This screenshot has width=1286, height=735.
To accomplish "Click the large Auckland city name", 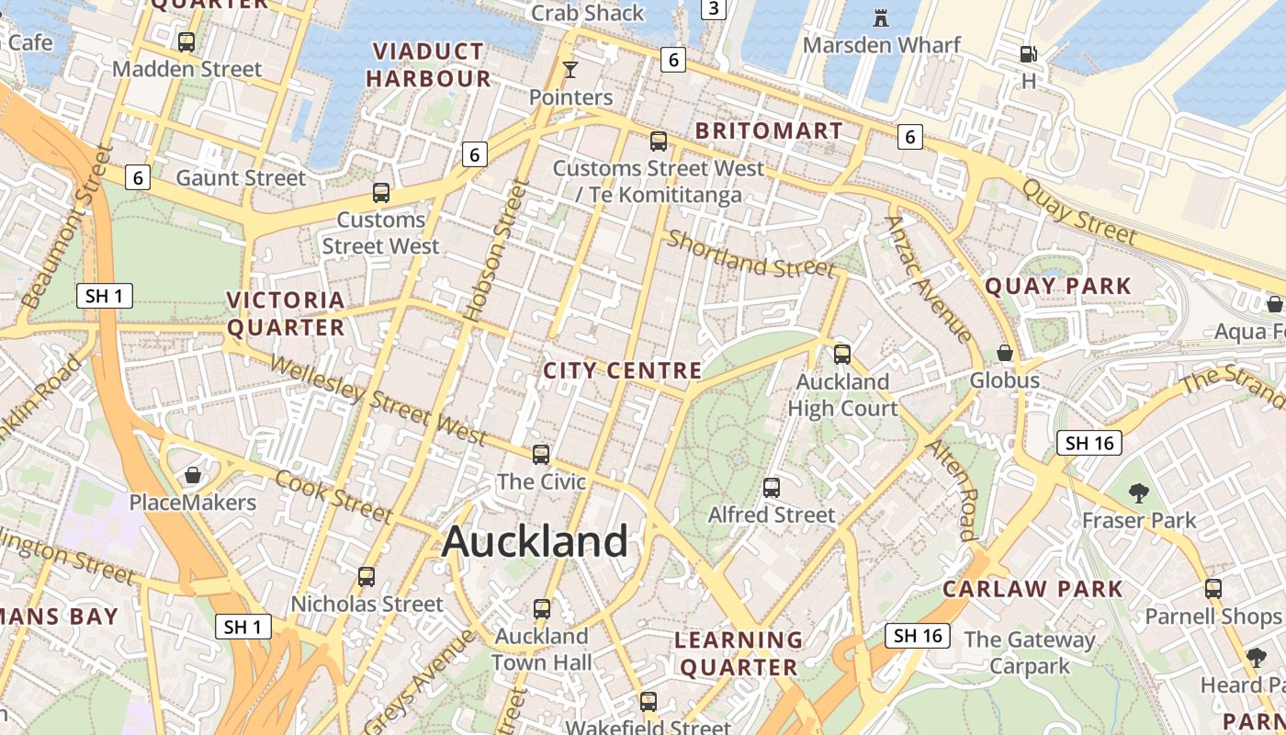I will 535,541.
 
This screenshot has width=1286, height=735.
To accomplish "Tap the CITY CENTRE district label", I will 622,371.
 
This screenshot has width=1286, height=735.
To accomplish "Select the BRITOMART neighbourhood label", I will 769,130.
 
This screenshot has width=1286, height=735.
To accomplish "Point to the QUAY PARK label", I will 1058,286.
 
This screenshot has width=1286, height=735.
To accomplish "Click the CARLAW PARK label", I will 1032,589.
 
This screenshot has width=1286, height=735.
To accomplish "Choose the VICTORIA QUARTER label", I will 286,313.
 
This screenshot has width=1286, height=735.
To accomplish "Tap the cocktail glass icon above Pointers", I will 570,70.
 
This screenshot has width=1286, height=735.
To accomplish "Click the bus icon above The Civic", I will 541,454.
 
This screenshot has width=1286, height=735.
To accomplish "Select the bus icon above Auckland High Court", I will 842,354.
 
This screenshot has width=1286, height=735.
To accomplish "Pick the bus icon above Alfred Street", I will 772,488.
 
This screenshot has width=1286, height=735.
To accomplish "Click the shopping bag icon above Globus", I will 1005,353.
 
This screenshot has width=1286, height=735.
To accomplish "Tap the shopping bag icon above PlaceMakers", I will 193,475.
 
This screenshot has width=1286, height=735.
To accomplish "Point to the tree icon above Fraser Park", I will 1139,493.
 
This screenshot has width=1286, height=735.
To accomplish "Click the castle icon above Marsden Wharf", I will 881,17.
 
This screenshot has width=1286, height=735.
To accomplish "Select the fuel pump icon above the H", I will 1029,54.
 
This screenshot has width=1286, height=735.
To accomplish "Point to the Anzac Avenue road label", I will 929,278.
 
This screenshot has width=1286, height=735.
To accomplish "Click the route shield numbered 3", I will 714,9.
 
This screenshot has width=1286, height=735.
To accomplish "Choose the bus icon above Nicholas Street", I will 367,577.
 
